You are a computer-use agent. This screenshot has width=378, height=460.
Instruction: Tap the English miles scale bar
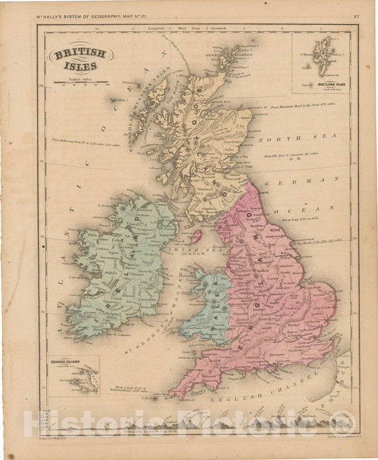tap(78, 83)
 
